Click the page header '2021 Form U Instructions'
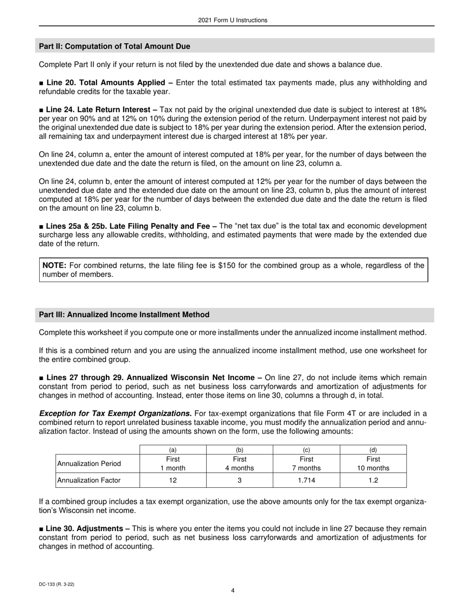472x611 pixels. (233, 20)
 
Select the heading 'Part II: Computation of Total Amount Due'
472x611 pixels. (114, 46)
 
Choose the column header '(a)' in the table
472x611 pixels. (173, 450)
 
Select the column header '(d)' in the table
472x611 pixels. (373, 450)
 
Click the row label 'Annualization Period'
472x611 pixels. (89, 463)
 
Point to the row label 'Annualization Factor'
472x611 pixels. (89, 480)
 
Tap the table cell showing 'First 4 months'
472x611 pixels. (239, 463)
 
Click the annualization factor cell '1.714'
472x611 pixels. (306, 480)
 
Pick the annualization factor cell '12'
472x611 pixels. (173, 480)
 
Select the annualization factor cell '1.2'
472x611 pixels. (373, 480)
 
